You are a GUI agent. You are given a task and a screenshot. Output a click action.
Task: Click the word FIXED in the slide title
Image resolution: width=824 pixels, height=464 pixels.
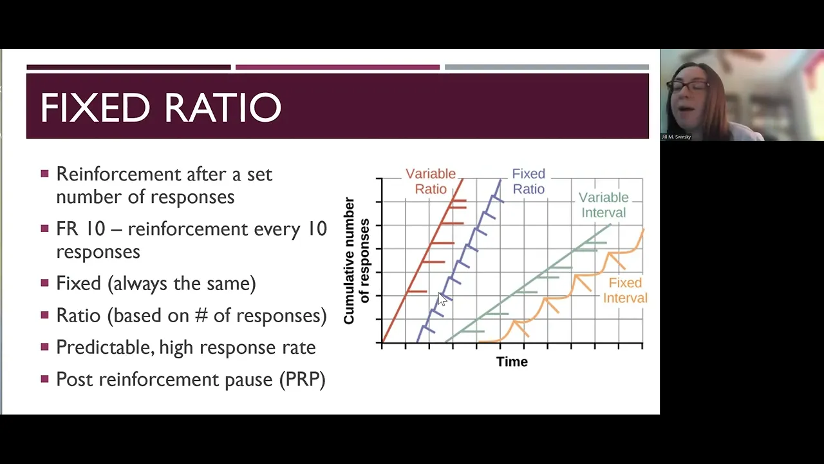point(95,108)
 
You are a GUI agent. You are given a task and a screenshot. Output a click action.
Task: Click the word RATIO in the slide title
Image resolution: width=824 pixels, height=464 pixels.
point(223,108)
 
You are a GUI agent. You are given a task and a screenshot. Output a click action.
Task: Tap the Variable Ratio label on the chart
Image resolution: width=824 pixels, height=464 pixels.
point(431,181)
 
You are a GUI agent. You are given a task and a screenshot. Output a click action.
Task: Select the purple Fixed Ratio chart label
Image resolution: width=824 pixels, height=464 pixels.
point(529,181)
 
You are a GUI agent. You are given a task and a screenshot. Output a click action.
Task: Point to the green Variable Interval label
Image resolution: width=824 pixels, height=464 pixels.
point(604,205)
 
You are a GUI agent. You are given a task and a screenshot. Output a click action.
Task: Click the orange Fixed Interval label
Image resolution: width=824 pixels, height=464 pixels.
point(625,290)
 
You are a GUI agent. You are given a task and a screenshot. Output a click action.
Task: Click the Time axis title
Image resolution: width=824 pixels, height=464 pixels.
point(512,362)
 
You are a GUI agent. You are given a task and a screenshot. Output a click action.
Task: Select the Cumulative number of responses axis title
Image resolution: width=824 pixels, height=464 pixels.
point(356,261)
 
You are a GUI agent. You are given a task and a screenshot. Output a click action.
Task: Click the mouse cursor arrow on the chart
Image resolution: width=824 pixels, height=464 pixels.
point(442,300)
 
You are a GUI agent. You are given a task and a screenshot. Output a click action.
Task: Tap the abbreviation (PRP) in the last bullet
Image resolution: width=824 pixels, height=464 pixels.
point(303,380)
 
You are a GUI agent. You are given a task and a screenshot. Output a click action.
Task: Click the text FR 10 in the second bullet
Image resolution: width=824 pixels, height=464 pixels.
point(81,229)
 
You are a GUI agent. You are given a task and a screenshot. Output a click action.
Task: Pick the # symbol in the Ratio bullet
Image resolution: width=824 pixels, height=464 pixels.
point(201,316)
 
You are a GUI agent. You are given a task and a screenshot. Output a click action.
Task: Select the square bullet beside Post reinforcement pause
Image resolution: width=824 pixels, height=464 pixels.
point(45,378)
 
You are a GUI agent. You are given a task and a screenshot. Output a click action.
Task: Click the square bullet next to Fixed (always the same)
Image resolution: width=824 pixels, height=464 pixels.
point(45,283)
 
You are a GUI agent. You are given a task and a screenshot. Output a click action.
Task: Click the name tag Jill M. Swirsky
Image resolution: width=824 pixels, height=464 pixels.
point(676,137)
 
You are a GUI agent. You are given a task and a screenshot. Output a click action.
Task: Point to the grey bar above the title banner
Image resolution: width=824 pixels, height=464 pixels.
point(547,67)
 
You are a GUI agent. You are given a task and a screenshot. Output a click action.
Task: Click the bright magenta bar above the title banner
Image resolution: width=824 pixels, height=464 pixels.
point(337,67)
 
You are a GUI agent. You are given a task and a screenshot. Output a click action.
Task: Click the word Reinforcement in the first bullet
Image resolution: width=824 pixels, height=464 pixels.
point(119,174)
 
